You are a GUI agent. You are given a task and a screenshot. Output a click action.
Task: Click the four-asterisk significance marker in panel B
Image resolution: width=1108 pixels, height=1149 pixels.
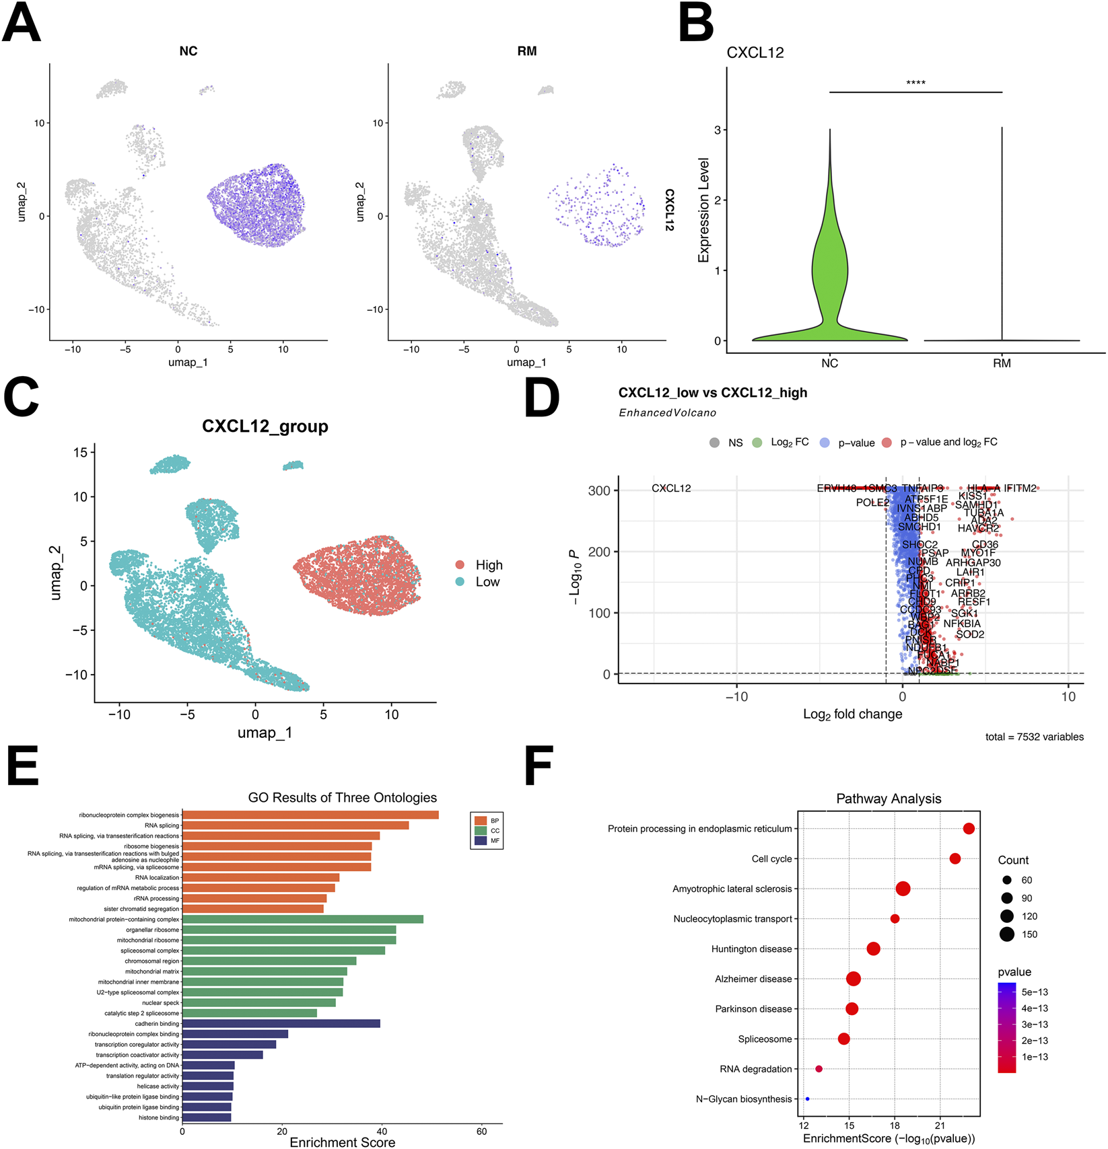click(x=915, y=83)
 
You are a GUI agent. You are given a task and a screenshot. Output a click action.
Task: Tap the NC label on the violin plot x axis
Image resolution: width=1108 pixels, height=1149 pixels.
click(x=829, y=363)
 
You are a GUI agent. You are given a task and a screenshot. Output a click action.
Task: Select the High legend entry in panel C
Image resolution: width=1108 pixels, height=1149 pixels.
click(x=489, y=565)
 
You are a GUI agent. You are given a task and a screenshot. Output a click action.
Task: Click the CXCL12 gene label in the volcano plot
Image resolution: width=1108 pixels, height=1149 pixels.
click(x=671, y=488)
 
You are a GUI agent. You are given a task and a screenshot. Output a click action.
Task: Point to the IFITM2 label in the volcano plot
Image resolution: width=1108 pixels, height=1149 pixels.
click(x=1020, y=488)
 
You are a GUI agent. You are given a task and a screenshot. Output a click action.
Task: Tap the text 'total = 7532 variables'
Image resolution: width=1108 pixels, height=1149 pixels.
click(x=1034, y=737)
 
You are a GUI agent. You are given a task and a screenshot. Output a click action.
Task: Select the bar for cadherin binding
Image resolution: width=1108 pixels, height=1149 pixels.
click(x=281, y=1023)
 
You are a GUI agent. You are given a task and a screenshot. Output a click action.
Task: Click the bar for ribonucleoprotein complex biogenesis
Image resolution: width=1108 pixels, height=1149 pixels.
click(x=310, y=815)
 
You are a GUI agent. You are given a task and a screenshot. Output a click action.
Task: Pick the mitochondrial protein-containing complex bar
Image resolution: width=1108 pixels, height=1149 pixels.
click(x=302, y=919)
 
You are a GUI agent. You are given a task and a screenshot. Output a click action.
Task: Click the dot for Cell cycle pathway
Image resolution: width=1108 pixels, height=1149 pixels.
click(x=955, y=858)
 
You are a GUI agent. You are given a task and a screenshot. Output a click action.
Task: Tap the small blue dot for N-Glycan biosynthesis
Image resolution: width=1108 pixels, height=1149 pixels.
click(x=808, y=1099)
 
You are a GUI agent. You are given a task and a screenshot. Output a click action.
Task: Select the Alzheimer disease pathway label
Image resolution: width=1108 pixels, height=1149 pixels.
click(x=753, y=979)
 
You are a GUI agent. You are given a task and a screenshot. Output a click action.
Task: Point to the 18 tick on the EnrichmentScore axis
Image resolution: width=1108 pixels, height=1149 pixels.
click(x=895, y=1125)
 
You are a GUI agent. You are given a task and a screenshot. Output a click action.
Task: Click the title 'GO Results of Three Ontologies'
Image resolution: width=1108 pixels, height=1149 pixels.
click(x=342, y=797)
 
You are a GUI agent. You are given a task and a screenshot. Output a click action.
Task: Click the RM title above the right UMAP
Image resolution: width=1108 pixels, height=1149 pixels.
click(x=526, y=51)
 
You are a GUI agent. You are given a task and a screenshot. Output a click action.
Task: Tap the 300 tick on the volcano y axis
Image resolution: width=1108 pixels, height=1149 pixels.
click(x=598, y=490)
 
